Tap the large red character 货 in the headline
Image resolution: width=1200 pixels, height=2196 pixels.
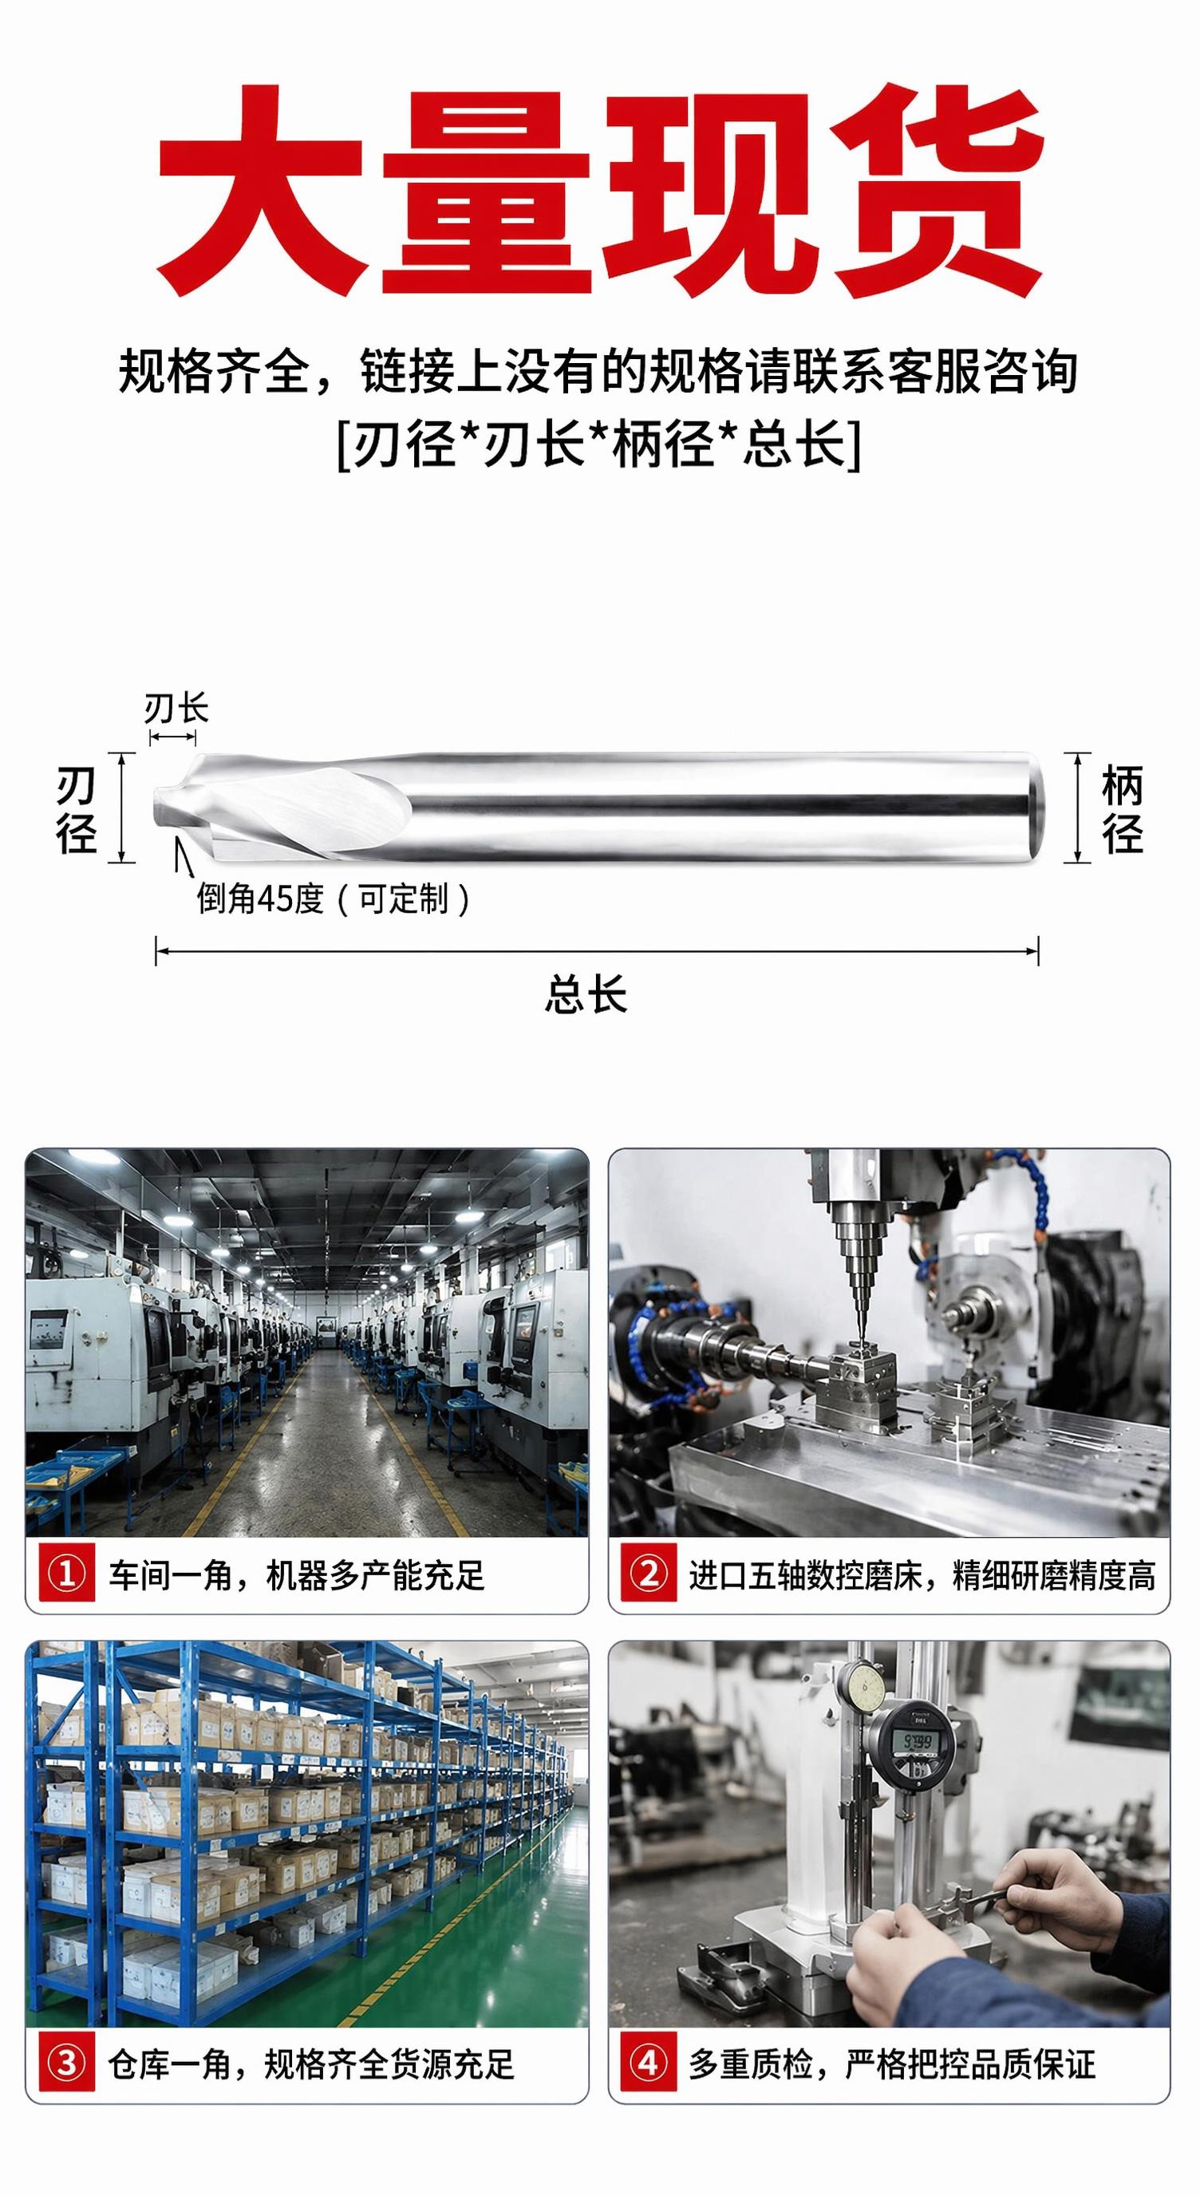937,189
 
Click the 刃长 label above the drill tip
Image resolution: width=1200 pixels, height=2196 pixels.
176,709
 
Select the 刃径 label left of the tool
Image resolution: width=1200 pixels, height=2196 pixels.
76,810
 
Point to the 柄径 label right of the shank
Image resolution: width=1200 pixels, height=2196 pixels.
1123,810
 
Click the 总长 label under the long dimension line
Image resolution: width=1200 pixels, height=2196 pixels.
586,994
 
